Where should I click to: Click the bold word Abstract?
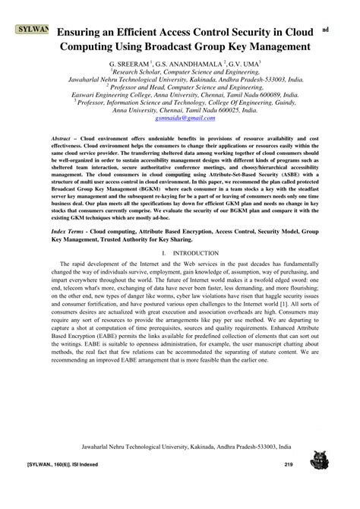pyautogui.click(x=63, y=142)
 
